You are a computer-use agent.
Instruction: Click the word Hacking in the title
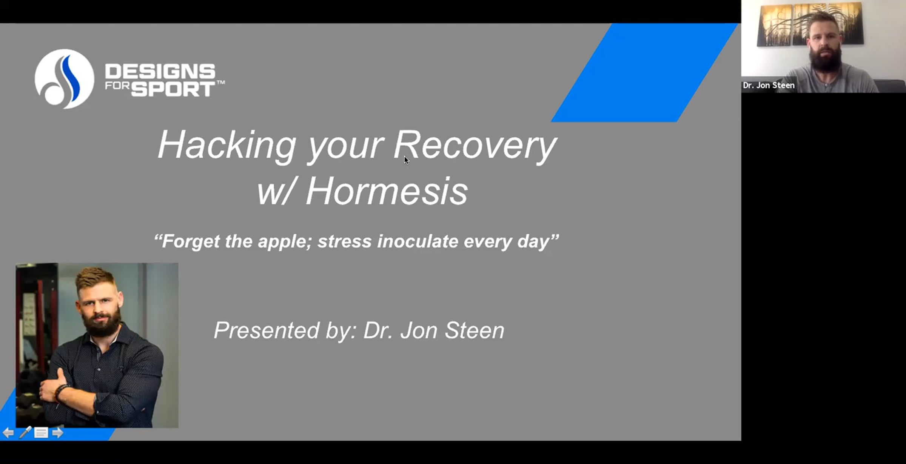pyautogui.click(x=227, y=146)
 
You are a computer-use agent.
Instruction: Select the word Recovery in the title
pyautogui.click(x=475, y=146)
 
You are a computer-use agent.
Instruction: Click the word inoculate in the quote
pyautogui.click(x=418, y=241)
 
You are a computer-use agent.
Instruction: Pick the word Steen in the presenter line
pyautogui.click(x=475, y=330)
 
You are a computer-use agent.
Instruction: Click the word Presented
pyautogui.click(x=267, y=330)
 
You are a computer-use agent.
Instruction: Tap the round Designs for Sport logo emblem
pyautogui.click(x=64, y=79)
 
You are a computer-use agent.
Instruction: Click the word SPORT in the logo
pyautogui.click(x=173, y=89)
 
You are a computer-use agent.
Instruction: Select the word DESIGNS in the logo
pyautogui.click(x=160, y=71)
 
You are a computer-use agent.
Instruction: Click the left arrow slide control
pyautogui.click(x=8, y=433)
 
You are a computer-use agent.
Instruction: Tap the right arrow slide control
pyautogui.click(x=57, y=433)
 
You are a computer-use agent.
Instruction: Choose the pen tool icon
pyautogui.click(x=25, y=432)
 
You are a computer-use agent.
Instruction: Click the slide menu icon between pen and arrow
pyautogui.click(x=41, y=433)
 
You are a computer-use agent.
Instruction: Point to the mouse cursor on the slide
pyautogui.click(x=406, y=160)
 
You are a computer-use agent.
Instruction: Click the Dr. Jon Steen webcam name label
pyautogui.click(x=769, y=85)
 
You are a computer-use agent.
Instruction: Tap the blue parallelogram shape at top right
pyautogui.click(x=645, y=72)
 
